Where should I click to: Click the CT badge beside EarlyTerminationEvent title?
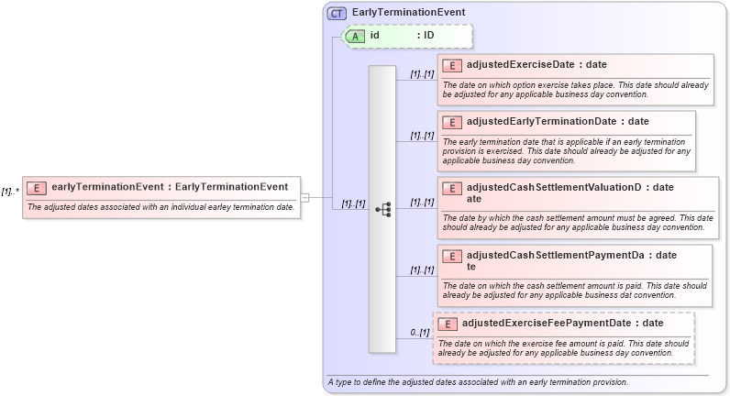click(x=337, y=13)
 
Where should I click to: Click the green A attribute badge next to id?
click(x=354, y=36)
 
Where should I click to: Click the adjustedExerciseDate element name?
click(x=520, y=65)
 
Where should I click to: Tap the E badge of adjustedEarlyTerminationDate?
click(x=451, y=121)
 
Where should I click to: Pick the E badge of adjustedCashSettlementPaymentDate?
click(x=451, y=256)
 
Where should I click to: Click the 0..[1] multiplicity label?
click(x=419, y=332)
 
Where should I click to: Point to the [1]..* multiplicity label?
click(x=11, y=192)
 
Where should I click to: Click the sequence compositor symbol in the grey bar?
click(x=382, y=209)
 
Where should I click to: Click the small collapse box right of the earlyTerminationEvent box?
click(x=304, y=197)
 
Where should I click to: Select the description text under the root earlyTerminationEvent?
click(x=161, y=207)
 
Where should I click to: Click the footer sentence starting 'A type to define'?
click(x=477, y=381)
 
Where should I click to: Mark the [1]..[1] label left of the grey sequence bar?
click(x=353, y=203)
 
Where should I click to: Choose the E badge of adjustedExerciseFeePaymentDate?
click(x=448, y=323)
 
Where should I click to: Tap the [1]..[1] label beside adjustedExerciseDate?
click(x=422, y=73)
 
